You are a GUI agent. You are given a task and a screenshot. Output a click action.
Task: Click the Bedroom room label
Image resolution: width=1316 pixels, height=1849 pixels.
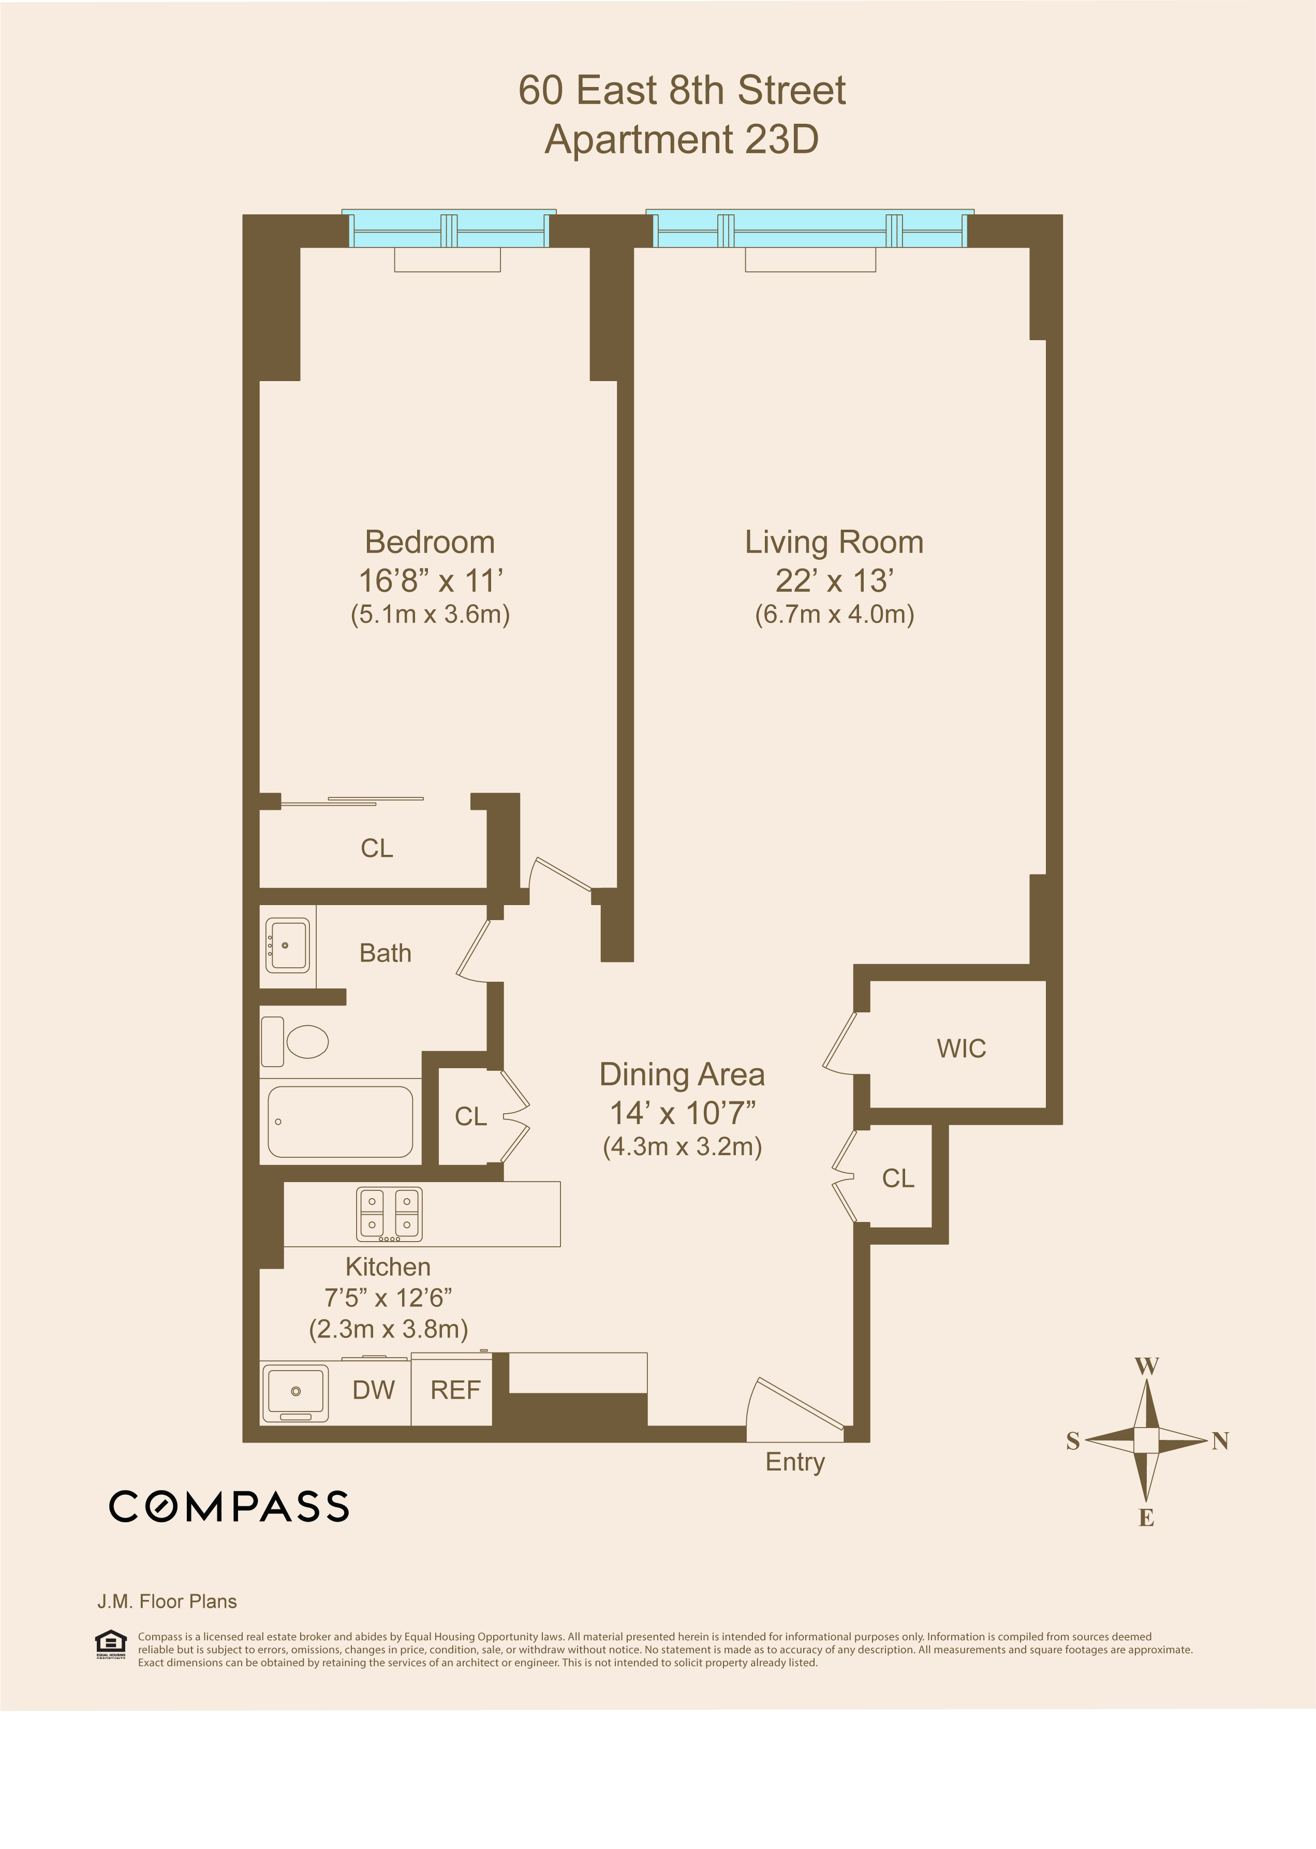tap(430, 542)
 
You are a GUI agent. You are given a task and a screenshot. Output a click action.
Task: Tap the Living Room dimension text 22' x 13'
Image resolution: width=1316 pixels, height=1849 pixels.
tap(834, 581)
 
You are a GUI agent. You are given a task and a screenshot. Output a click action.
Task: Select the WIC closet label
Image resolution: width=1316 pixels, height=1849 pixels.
tap(961, 1048)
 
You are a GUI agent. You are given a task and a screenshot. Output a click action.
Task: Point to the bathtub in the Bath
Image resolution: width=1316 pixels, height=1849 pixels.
tap(341, 1122)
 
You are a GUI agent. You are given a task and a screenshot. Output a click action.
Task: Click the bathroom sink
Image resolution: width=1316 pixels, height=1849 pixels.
tap(288, 945)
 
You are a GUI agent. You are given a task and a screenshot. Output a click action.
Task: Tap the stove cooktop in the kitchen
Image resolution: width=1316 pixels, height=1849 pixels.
tap(390, 1214)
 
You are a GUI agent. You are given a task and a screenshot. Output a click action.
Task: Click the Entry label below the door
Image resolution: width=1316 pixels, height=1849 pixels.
tap(795, 1462)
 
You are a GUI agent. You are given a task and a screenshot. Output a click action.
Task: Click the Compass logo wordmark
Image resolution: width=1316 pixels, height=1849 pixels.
tap(229, 1506)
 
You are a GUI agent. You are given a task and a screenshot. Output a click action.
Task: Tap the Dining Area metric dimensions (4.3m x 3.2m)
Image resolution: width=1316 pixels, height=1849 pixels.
tap(682, 1147)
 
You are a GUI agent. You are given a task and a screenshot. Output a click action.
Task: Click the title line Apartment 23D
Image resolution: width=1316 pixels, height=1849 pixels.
tap(682, 139)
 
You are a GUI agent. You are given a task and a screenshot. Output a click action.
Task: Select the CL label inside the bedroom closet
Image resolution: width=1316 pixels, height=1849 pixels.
tap(377, 848)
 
